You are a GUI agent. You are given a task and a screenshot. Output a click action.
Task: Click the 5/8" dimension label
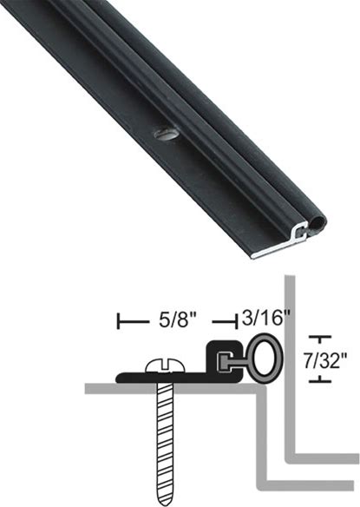173,320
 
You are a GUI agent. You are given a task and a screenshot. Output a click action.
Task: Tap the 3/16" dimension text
265,318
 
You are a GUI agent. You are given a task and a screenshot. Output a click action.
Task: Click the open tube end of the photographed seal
318,223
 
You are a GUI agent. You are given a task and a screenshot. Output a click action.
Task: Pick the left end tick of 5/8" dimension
119,321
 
